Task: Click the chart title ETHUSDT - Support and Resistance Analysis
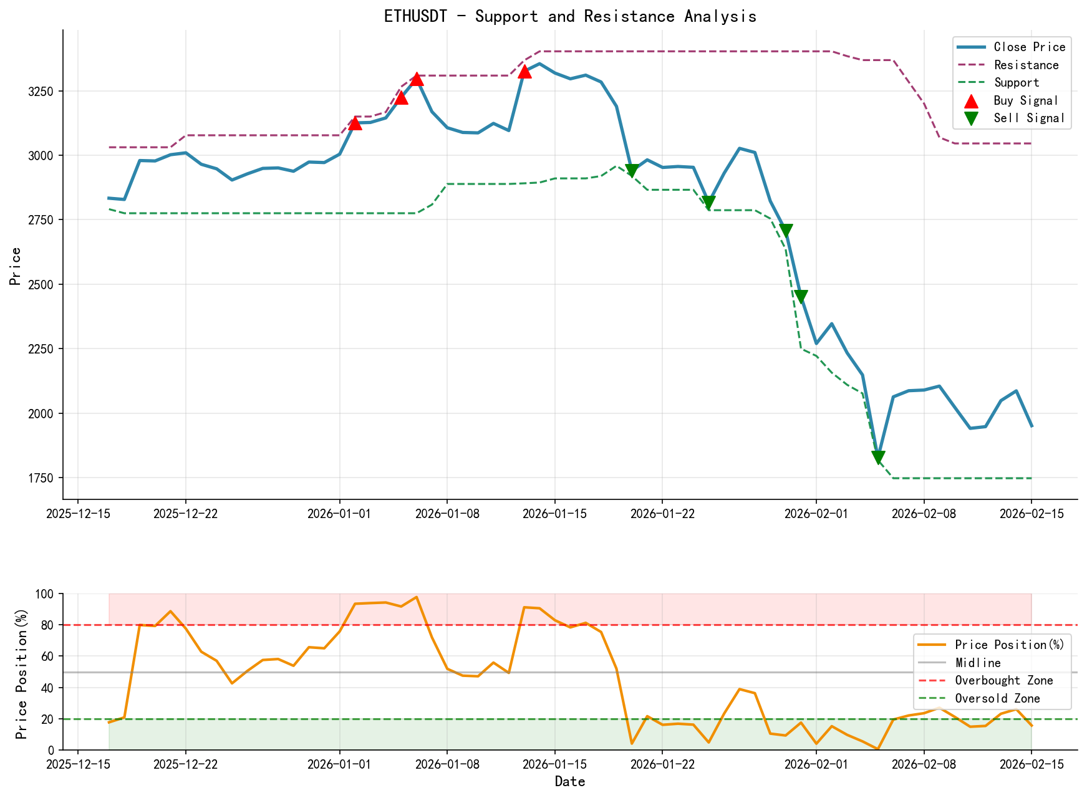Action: point(570,16)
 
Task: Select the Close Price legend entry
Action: point(1029,47)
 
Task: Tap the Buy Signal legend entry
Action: point(1026,101)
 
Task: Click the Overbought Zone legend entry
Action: point(1003,681)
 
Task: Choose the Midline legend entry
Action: point(978,663)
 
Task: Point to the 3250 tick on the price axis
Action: point(42,91)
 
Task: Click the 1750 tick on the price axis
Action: point(42,478)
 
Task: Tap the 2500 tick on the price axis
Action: point(42,284)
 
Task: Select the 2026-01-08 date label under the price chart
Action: point(447,513)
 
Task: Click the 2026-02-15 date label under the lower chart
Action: point(1031,764)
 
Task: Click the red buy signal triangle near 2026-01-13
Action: point(524,71)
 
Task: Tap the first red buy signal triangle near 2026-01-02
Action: point(355,123)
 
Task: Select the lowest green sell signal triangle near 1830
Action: point(878,458)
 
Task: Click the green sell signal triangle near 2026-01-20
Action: point(632,171)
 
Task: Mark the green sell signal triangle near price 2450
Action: point(801,297)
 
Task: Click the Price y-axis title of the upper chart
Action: point(16,266)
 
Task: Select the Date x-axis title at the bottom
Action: point(570,782)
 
